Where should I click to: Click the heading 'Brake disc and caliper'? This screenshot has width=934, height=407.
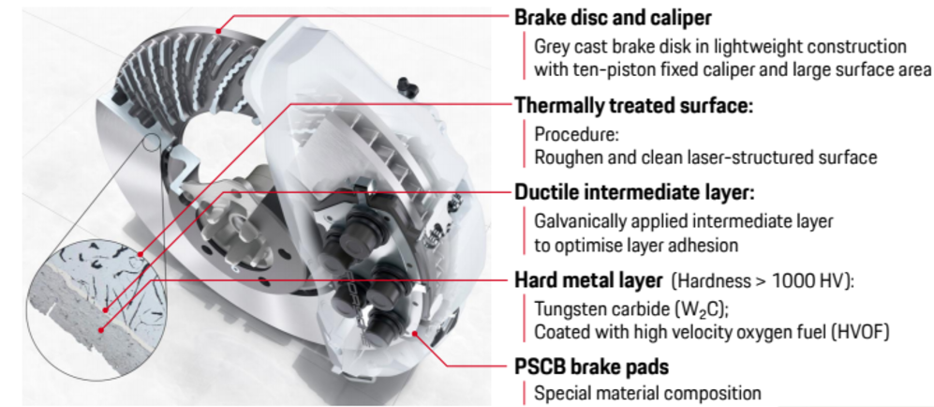coord(613,18)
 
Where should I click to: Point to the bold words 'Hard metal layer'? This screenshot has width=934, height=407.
coord(588,279)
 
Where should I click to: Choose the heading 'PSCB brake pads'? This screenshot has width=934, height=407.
coord(591,367)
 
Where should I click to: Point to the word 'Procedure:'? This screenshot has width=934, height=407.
coord(577,134)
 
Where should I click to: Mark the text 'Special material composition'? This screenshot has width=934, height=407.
coord(647,393)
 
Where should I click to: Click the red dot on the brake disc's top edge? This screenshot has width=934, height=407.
coord(218,31)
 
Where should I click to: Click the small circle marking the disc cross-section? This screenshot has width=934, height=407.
coord(152,142)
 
